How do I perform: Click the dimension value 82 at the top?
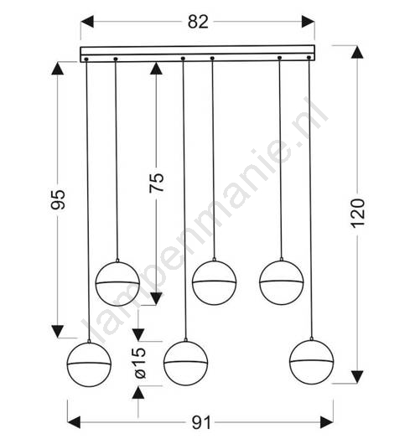tap(198, 22)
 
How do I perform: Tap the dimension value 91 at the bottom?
tap(201, 422)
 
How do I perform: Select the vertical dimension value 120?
tap(357, 214)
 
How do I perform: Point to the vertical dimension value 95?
tap(58, 199)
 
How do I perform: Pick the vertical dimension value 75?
tap(157, 183)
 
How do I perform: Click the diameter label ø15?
tap(140, 363)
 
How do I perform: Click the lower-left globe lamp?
tap(89, 364)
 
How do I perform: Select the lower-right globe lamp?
tap(312, 362)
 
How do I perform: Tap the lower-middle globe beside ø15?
tap(185, 364)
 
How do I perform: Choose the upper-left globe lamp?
tap(117, 284)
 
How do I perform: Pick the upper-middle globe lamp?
tap(215, 282)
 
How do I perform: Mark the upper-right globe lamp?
tap(282, 282)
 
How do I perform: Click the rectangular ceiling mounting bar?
tap(198, 54)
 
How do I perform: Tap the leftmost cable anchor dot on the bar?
tap(86, 59)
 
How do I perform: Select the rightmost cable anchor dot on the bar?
tap(309, 58)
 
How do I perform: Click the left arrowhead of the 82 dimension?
tap(87, 22)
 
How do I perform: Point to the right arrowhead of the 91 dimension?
tap(327, 422)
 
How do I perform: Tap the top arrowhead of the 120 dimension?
tap(357, 53)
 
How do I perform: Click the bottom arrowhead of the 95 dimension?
tap(58, 331)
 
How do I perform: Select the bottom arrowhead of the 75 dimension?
tap(156, 299)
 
